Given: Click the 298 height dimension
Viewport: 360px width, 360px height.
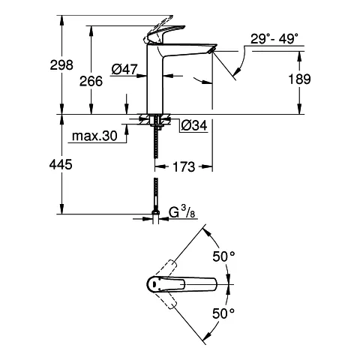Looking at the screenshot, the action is click(x=61, y=65).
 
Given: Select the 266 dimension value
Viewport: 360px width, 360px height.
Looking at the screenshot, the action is click(x=91, y=81).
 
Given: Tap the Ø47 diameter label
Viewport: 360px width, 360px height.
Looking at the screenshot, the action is click(x=124, y=69).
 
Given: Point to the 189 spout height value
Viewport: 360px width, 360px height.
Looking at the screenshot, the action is click(x=299, y=79).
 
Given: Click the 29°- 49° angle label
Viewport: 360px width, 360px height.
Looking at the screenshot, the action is click(x=274, y=39).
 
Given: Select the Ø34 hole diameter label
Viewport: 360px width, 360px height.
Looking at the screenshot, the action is click(x=194, y=125).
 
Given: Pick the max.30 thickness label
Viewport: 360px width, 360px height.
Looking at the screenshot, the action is click(x=94, y=136).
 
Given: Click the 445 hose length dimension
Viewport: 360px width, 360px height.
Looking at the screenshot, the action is click(x=61, y=164).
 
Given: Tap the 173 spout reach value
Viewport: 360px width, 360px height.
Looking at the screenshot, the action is click(x=184, y=166).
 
